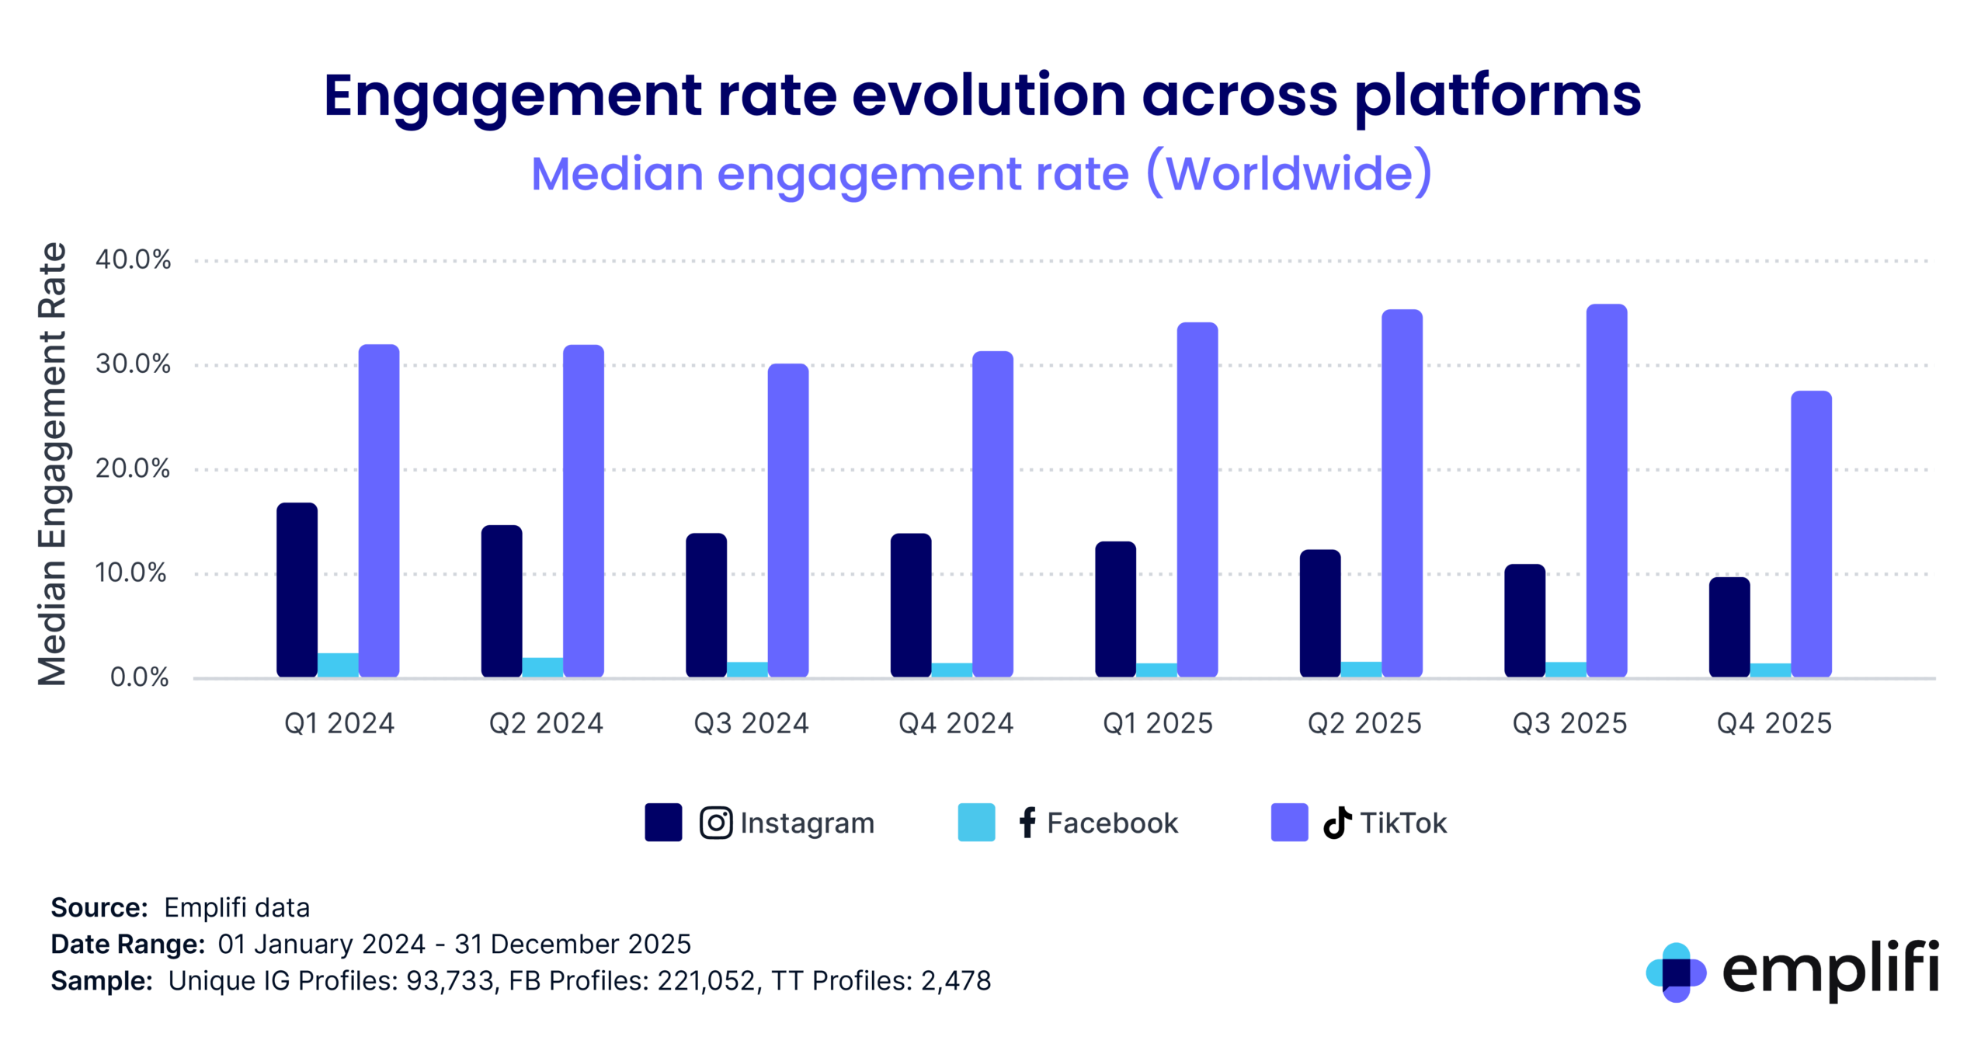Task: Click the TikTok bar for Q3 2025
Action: pos(1606,491)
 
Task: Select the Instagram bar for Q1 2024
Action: pos(297,590)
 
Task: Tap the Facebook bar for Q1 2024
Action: pos(338,665)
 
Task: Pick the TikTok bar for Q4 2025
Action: pos(1811,534)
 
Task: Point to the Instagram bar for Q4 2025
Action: pos(1729,628)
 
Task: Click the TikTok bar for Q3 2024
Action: pos(787,520)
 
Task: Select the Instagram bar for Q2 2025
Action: pos(1319,614)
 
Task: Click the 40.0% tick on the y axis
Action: pos(133,260)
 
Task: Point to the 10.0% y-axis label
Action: pos(130,573)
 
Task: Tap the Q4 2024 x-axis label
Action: pos(955,724)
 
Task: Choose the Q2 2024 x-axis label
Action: pos(545,724)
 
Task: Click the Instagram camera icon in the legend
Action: pos(715,823)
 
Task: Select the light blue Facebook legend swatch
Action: pos(976,823)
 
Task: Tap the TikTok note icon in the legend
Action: pos(1336,823)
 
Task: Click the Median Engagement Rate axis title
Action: pos(53,465)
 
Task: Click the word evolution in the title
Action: pos(989,96)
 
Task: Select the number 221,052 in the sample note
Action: pos(706,981)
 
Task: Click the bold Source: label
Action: pos(99,908)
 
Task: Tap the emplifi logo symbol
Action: pos(1676,972)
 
